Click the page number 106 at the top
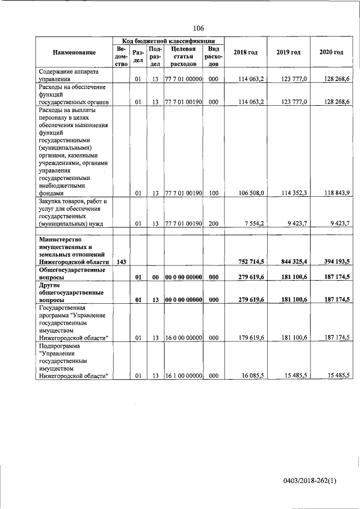tap(198, 28)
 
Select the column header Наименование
tap(74, 52)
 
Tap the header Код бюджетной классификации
tap(168, 41)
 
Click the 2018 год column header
tap(245, 52)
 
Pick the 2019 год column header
tap(289, 52)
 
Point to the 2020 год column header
tap(331, 52)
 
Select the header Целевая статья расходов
tap(183, 56)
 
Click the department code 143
tap(120, 262)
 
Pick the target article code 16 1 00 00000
tap(183, 375)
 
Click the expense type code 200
tap(213, 223)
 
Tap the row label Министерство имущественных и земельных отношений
tap(73, 250)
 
